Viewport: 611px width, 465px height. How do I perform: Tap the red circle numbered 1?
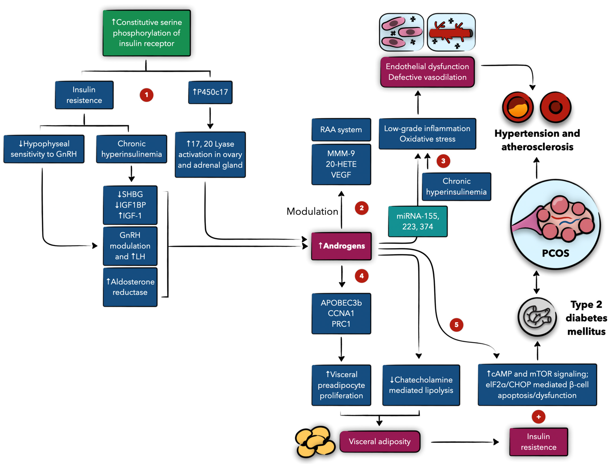[146, 95]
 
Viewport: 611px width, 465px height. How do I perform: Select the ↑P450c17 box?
[210, 92]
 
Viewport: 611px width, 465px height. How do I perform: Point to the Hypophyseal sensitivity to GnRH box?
[44, 149]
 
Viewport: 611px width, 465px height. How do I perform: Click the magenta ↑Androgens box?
[341, 246]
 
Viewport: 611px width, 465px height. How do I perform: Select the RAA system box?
[341, 129]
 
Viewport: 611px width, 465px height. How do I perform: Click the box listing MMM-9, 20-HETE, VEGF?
[341, 164]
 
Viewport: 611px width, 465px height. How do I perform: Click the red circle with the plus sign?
[538, 417]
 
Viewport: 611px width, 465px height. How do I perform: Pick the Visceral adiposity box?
[380, 441]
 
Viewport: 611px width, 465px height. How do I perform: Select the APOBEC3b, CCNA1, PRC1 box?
[341, 313]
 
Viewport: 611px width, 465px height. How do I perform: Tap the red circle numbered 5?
[456, 325]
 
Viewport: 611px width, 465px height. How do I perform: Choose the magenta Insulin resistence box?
[538, 442]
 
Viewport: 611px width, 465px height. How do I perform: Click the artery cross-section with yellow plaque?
[518, 107]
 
